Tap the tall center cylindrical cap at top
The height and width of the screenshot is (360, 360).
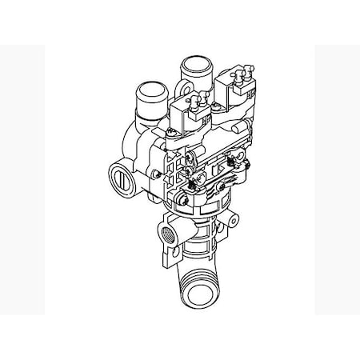pyautogui.click(x=193, y=66)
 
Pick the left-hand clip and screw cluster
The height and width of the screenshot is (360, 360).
pyautogui.click(x=191, y=170)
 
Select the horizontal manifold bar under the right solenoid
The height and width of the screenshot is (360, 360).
pyautogui.click(x=232, y=128)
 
